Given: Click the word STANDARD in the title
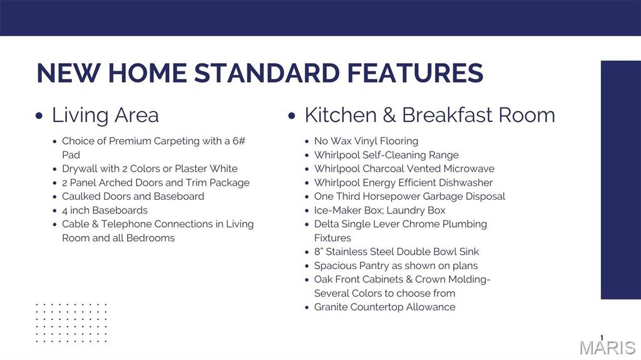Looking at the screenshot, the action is pos(267,73).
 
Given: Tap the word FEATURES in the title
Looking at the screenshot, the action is pos(416,73).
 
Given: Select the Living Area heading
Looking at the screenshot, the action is pos(105,115).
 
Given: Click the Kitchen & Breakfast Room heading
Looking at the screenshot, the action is pos(429,115).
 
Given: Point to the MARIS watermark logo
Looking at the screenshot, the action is pos(607,347).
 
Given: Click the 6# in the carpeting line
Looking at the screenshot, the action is pos(238,141).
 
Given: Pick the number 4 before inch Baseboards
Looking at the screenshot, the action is pos(64,211).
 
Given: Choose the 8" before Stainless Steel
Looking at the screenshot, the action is pos(319,252).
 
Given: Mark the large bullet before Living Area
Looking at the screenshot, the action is pos(39,116).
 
